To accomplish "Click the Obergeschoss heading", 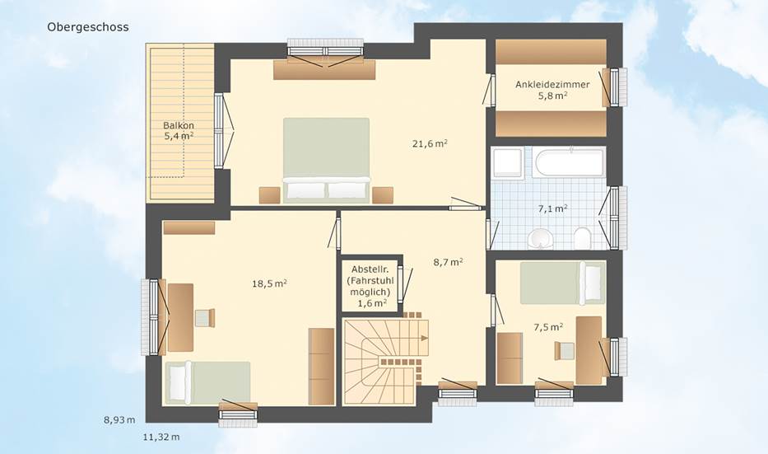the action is click(88, 27).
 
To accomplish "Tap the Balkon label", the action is click(179, 125).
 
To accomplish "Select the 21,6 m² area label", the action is click(430, 143).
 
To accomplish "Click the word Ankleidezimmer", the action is click(552, 84).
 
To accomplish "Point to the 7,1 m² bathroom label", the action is click(553, 208).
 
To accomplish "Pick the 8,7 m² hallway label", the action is click(448, 262).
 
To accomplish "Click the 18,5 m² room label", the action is click(269, 283).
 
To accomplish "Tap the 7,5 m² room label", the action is click(548, 327).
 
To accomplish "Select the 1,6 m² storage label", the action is click(372, 303).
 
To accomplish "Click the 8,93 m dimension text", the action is click(119, 419).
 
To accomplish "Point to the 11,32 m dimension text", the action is click(161, 437).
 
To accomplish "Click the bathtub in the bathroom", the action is click(569, 163).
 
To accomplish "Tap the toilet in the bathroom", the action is click(582, 238).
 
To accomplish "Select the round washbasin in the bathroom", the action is click(542, 239).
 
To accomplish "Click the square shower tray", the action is click(507, 162).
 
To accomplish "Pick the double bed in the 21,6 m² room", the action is click(326, 160).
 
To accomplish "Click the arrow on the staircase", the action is click(423, 338).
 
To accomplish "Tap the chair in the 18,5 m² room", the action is click(205, 318).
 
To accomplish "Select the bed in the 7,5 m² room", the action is click(562, 283).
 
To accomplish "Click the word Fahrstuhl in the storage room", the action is click(372, 281).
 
